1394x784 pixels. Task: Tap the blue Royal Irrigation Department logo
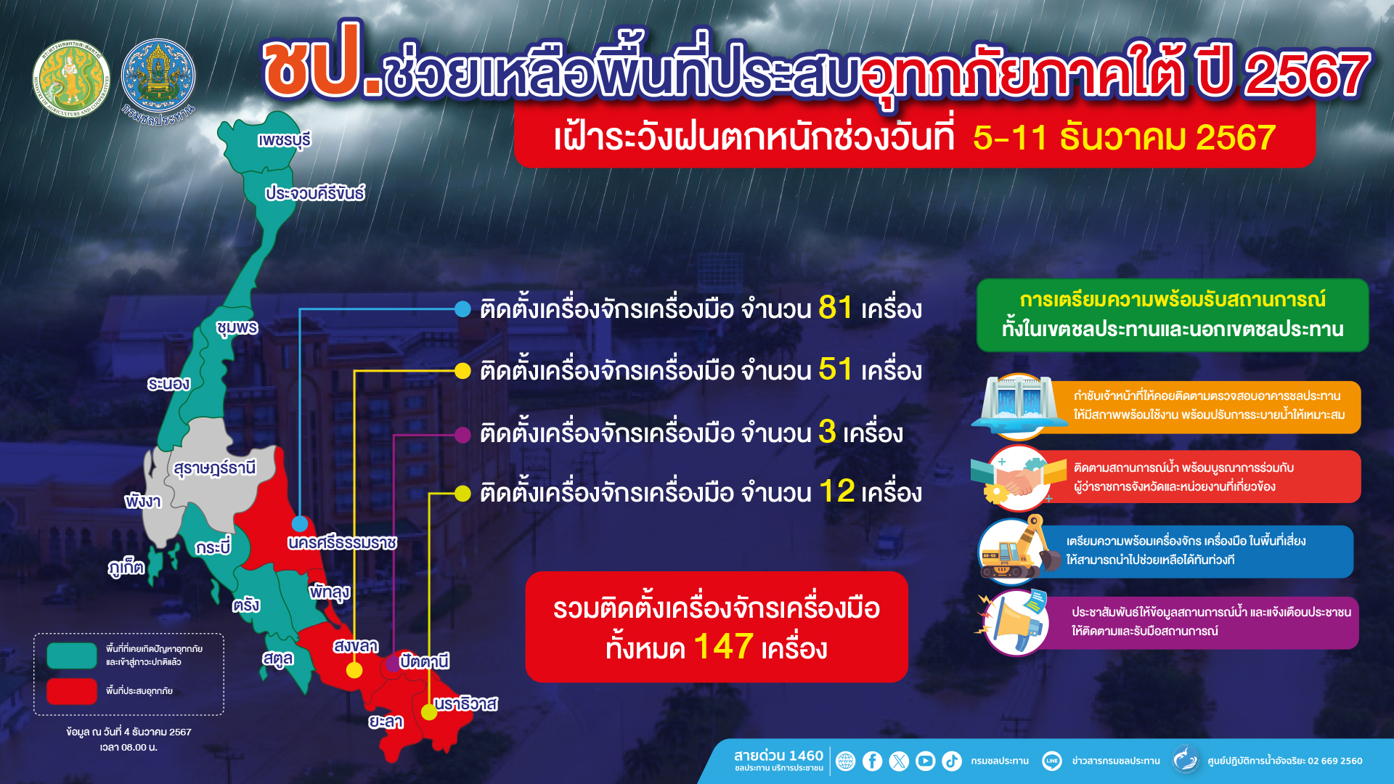158,77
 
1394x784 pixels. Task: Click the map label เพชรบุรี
284,139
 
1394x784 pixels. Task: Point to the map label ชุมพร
237,328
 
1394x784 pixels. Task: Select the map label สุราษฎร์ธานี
215,468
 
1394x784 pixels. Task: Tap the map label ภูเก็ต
126,568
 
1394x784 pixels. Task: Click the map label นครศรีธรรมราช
342,543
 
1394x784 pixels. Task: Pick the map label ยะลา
386,722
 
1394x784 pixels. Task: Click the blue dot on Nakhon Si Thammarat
300,523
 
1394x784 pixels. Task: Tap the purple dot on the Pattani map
393,662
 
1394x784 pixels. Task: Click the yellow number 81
836,308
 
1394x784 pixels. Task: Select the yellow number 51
836,369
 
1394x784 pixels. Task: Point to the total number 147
723,646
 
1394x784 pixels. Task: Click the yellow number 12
837,491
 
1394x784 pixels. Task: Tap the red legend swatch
72,691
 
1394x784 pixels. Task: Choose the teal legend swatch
72,656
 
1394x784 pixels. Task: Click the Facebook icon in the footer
872,761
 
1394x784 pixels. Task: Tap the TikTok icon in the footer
952,761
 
